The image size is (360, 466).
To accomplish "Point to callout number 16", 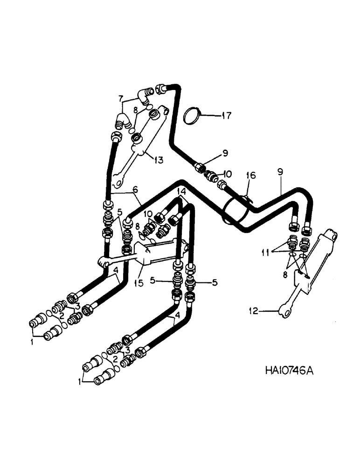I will (x=251, y=175).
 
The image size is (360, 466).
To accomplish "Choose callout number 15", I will (x=140, y=270).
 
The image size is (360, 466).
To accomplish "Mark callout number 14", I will (x=181, y=191).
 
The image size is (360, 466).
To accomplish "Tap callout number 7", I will (x=121, y=98).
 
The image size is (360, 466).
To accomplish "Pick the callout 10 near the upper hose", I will (x=227, y=174).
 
